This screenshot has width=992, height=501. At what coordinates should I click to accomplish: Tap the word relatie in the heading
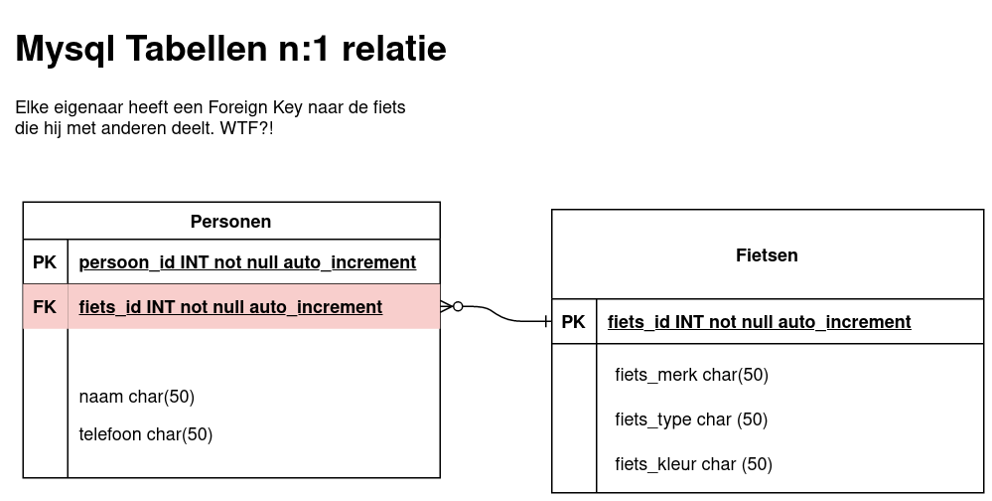(394, 48)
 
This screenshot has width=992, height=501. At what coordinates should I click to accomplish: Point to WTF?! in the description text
(246, 128)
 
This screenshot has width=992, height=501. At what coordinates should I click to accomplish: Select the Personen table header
(231, 221)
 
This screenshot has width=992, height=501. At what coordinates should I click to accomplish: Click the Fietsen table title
(767, 255)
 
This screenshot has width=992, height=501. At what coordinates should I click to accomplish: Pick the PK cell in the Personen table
(45, 261)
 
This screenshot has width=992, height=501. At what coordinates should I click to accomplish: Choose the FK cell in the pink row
(45, 306)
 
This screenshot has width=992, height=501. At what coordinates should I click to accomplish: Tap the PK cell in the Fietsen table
(573, 322)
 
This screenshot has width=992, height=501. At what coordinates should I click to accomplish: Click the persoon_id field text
(247, 262)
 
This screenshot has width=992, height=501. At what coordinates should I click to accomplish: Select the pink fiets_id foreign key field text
(230, 306)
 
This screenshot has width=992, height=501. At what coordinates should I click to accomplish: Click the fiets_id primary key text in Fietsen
(760, 322)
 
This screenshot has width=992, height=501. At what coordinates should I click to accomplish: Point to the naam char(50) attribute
(137, 397)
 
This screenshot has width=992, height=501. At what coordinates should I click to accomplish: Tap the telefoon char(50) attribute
(146, 434)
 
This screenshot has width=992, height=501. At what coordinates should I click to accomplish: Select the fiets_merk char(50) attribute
(691, 375)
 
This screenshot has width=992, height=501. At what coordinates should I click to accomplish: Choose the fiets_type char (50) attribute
(691, 419)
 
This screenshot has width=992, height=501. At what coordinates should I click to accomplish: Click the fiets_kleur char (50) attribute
(693, 464)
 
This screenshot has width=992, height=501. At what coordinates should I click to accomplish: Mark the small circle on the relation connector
(458, 306)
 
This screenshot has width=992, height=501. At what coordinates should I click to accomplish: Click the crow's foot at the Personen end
(446, 306)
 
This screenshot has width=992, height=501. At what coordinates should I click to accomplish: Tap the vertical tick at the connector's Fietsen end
(545, 322)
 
